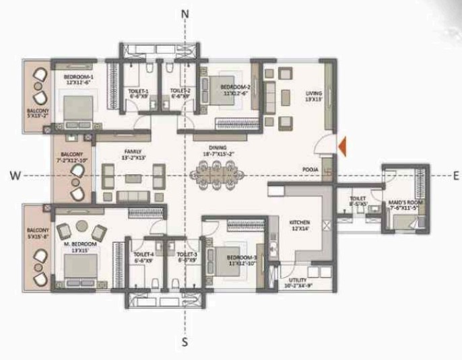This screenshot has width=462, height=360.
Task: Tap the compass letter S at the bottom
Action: click(x=185, y=343)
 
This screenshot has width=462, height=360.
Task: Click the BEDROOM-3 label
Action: click(x=242, y=258)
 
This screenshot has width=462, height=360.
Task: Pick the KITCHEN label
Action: click(x=298, y=221)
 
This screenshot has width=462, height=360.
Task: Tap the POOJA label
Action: click(x=310, y=171)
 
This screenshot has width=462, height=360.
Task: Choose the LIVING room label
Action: click(x=315, y=94)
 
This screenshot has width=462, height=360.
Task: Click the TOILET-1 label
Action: click(x=138, y=91)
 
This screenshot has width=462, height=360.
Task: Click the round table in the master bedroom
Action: click(x=81, y=226)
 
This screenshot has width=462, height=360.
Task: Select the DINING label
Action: click(x=218, y=147)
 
